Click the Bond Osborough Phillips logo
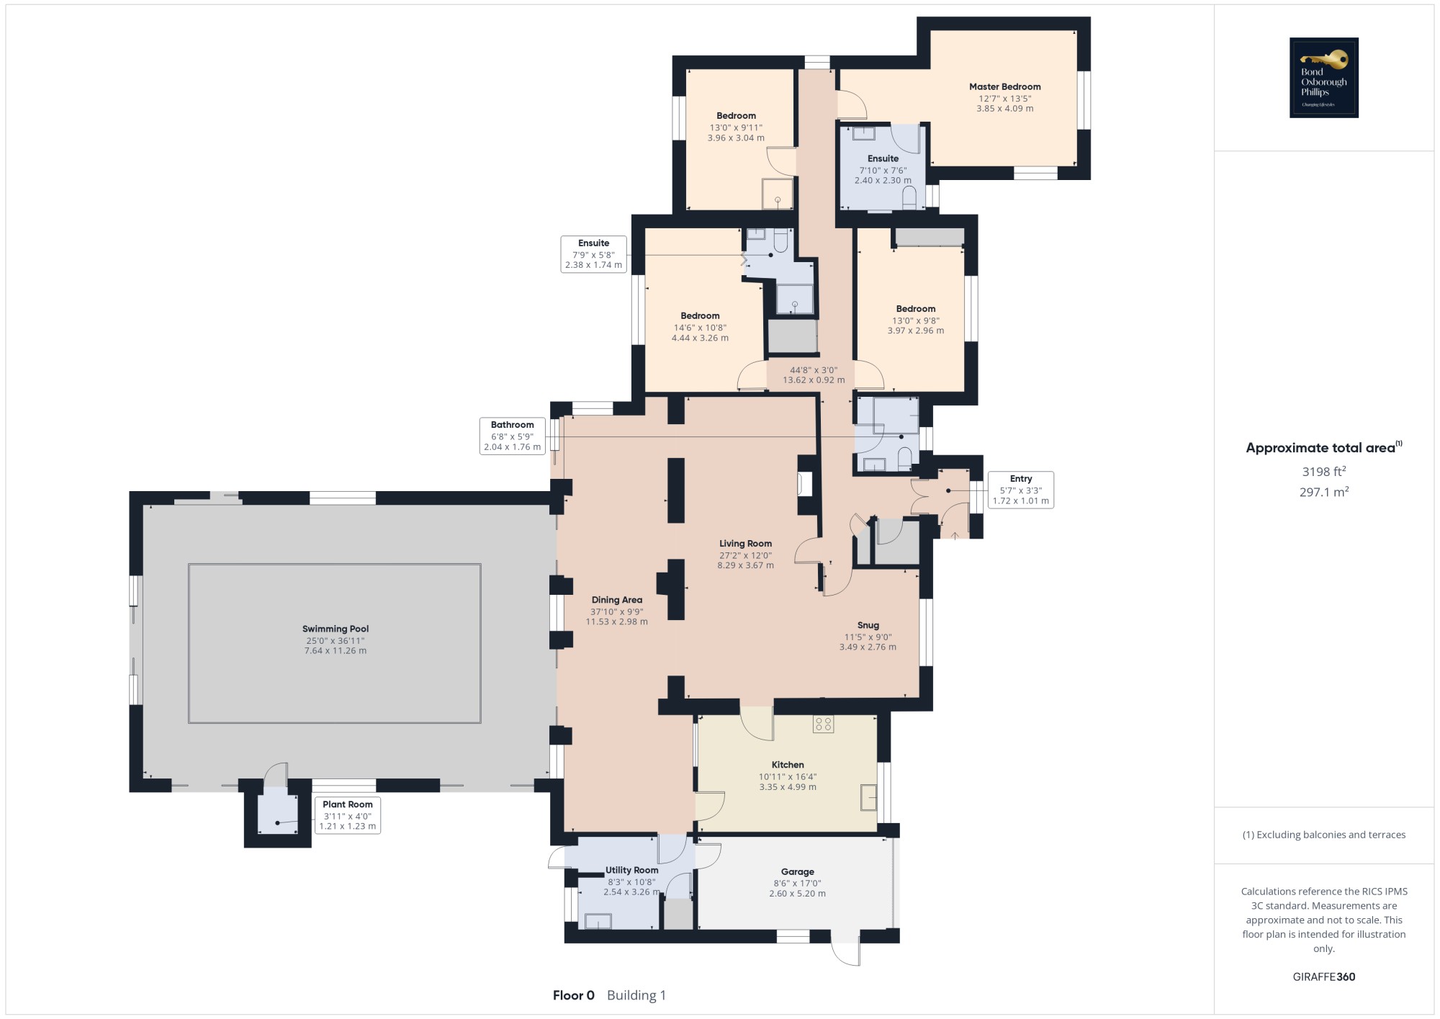pos(1323,77)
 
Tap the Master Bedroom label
pos(1004,87)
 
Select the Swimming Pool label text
pos(336,629)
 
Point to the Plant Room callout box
pos(348,815)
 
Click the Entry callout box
pos(1021,490)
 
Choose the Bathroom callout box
pos(513,436)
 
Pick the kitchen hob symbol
pos(824,724)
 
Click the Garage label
pos(798,871)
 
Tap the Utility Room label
pos(631,870)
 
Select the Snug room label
pos(868,625)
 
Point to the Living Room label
pos(745,544)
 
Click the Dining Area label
pos(617,600)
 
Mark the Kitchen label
pos(788,765)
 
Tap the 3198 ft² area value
pos(1324,472)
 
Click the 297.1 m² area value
pos(1324,493)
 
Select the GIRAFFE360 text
pos(1324,977)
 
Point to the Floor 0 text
pos(574,995)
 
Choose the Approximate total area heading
pos(1324,447)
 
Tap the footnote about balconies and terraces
pos(1324,835)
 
